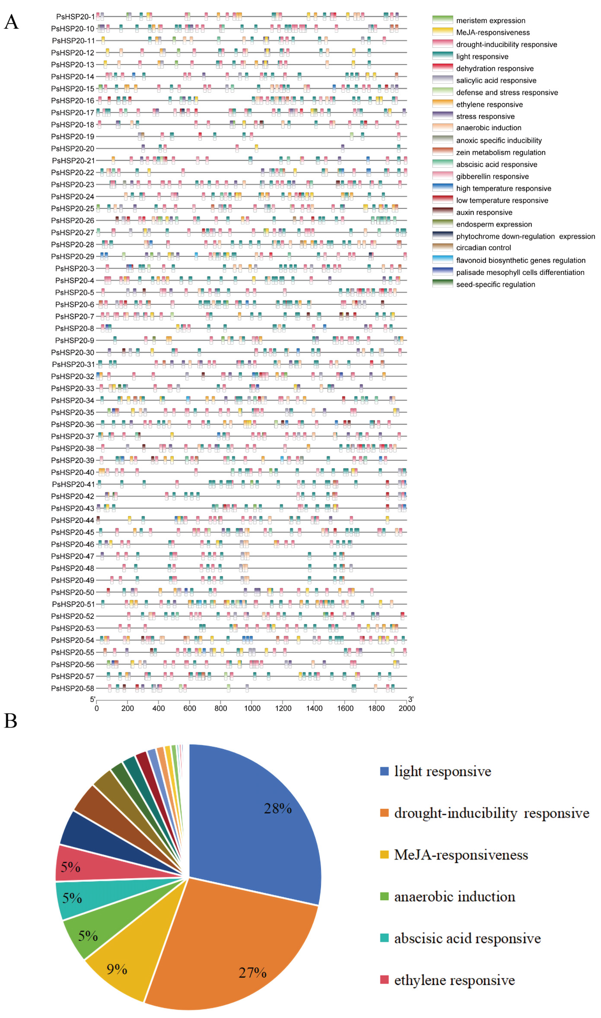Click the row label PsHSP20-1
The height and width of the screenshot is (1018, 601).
tap(75, 17)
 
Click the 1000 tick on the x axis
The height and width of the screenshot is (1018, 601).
tap(252, 708)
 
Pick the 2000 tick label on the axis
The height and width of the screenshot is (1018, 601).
tap(407, 708)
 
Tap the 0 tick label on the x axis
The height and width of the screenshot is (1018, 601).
tap(96, 708)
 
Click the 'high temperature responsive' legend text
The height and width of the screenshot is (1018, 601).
tap(503, 188)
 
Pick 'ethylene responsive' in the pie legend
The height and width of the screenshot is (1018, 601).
tap(454, 980)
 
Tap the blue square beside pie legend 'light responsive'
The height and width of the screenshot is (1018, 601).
tap(384, 771)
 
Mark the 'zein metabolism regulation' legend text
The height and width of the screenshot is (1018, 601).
tap(501, 152)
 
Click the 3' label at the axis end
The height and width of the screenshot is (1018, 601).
tap(411, 699)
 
